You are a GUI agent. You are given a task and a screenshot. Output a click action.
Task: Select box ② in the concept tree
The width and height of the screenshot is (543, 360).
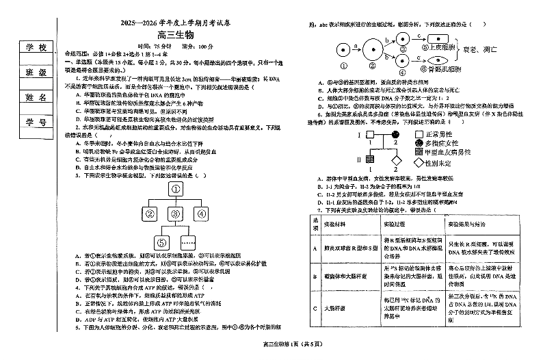(150, 214)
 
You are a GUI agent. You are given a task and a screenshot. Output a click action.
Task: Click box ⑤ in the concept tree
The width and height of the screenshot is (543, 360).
(161, 241)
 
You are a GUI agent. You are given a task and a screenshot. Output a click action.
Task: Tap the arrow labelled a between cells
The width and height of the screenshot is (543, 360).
(355, 46)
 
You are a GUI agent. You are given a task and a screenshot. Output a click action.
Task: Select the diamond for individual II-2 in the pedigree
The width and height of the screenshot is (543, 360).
(395, 162)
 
